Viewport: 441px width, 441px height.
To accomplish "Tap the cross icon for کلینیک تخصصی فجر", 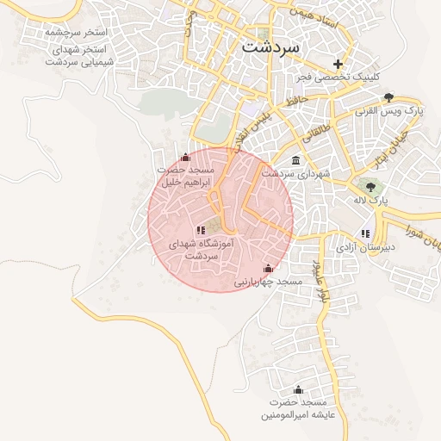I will (338, 64).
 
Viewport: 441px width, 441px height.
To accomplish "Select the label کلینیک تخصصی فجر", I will (337, 78).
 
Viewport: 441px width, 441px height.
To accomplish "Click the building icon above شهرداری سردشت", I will (296, 160).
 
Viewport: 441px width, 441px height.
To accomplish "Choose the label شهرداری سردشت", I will (295, 174).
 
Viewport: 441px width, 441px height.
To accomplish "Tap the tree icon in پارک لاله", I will (372, 185).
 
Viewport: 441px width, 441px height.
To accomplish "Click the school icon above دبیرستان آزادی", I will (366, 233).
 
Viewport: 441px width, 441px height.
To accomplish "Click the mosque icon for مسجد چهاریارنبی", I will (268, 268).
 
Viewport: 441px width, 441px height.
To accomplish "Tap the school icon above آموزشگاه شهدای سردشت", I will (201, 230).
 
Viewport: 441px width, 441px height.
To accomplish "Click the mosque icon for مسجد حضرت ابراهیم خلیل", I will (186, 157).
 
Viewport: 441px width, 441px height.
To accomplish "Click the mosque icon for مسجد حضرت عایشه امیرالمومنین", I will (298, 389).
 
